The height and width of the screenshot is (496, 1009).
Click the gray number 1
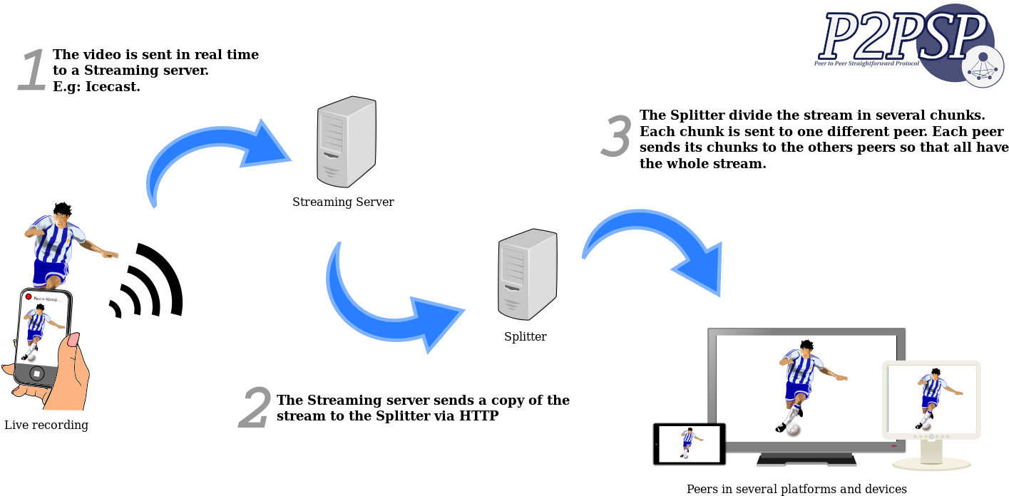coord(32,71)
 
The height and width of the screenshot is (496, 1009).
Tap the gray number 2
coord(255,408)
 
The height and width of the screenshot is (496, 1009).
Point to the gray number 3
coord(616,137)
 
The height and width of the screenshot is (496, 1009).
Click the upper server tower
coord(346,142)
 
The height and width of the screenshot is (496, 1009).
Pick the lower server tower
coord(527,274)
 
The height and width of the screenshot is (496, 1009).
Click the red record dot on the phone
coord(29,296)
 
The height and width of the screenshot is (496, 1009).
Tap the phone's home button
coord(36,373)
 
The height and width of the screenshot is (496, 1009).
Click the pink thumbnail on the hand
coord(73,339)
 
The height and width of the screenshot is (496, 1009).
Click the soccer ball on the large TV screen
coord(793,430)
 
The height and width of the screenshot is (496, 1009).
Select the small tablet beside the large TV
coord(690,443)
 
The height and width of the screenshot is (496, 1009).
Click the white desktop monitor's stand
coord(931,457)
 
